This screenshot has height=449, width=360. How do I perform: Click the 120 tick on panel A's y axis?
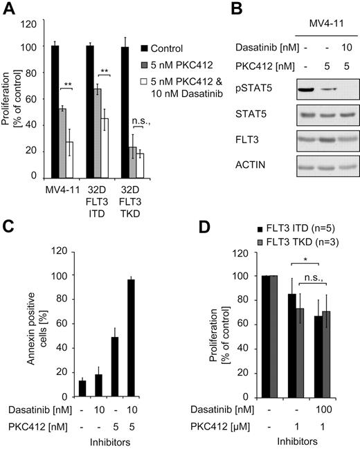(x=30, y=23)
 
